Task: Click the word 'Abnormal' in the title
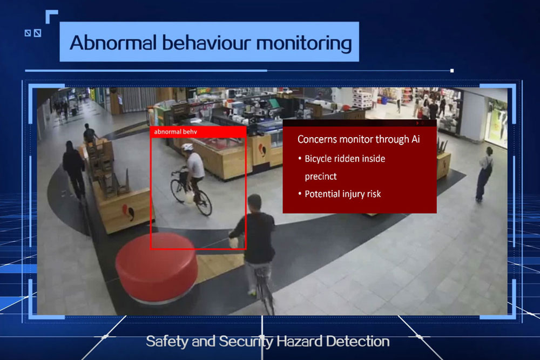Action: point(113,43)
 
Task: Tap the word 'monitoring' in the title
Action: point(303,44)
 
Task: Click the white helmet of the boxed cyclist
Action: point(187,147)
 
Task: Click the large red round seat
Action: point(157,266)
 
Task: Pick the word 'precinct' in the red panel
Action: point(321,176)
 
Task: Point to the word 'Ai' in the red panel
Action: point(415,139)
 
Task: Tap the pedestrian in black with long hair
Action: point(73,168)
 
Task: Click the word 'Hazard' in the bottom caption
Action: point(299,342)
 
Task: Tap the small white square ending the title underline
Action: point(452,71)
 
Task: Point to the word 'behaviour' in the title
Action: point(206,43)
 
